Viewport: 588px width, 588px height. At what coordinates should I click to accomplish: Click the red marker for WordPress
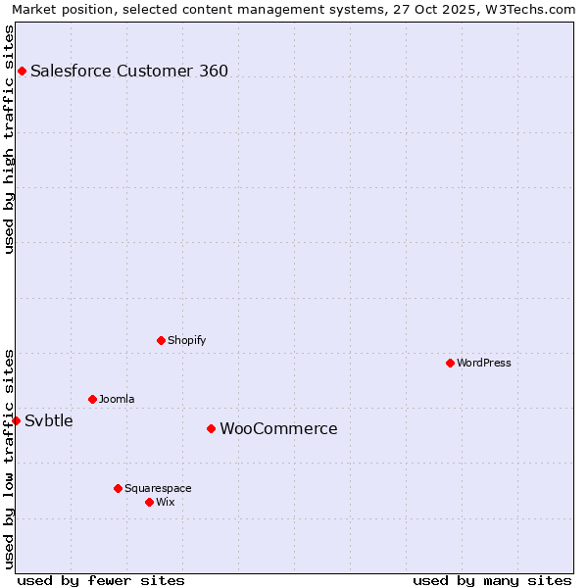tap(450, 363)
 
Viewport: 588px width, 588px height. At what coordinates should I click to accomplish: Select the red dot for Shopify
tap(161, 340)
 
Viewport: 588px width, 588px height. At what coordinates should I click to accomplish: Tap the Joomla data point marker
tap(92, 399)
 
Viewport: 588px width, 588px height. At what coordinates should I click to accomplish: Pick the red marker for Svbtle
tap(16, 420)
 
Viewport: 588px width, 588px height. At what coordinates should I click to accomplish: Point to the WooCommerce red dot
tap(211, 428)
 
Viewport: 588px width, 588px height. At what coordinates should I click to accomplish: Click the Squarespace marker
tap(118, 488)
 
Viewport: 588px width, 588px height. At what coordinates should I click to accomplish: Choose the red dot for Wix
tap(149, 502)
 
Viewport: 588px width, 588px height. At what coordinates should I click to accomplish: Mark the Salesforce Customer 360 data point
tap(22, 71)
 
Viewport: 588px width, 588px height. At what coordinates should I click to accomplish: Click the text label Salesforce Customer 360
tap(129, 71)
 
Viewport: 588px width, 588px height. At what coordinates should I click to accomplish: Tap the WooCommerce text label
tap(278, 428)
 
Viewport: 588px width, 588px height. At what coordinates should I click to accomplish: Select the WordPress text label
tap(484, 363)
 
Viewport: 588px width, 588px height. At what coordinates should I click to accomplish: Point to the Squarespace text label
tap(158, 488)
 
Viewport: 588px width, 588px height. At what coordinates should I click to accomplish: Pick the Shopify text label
tap(186, 340)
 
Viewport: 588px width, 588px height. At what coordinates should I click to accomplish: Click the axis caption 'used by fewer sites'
tap(101, 580)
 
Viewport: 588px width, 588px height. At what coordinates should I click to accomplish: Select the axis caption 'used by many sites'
tap(492, 580)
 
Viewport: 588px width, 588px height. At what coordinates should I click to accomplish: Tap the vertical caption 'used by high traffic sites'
tap(10, 139)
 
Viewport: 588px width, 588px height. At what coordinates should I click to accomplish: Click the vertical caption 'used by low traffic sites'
tap(10, 458)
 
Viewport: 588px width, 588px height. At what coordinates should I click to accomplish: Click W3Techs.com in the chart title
tap(530, 9)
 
